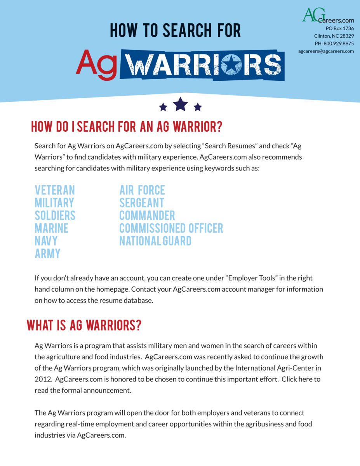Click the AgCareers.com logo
(x=327, y=15)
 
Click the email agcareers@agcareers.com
(x=326, y=51)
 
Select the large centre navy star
(x=180, y=104)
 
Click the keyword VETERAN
(x=55, y=190)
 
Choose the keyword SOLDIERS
(x=55, y=216)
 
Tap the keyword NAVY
(x=46, y=241)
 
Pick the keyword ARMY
(x=48, y=254)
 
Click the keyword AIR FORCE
(x=142, y=190)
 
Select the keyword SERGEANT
(x=142, y=203)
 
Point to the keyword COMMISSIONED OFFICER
(x=171, y=228)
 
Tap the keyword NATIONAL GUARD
(x=155, y=241)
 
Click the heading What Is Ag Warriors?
(x=84, y=325)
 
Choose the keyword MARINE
(x=52, y=228)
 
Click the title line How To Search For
(x=175, y=31)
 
